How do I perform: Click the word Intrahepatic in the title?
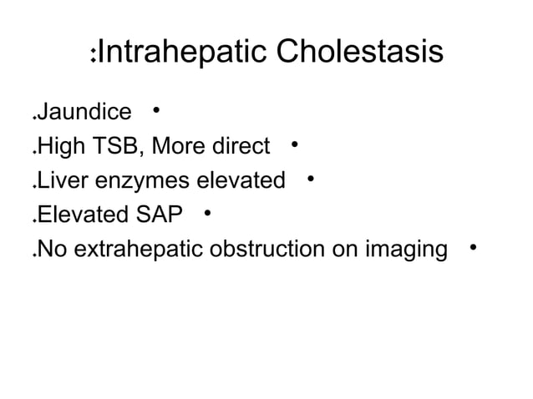point(185,53)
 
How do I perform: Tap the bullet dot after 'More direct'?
point(295,145)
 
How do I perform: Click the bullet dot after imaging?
point(473,247)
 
